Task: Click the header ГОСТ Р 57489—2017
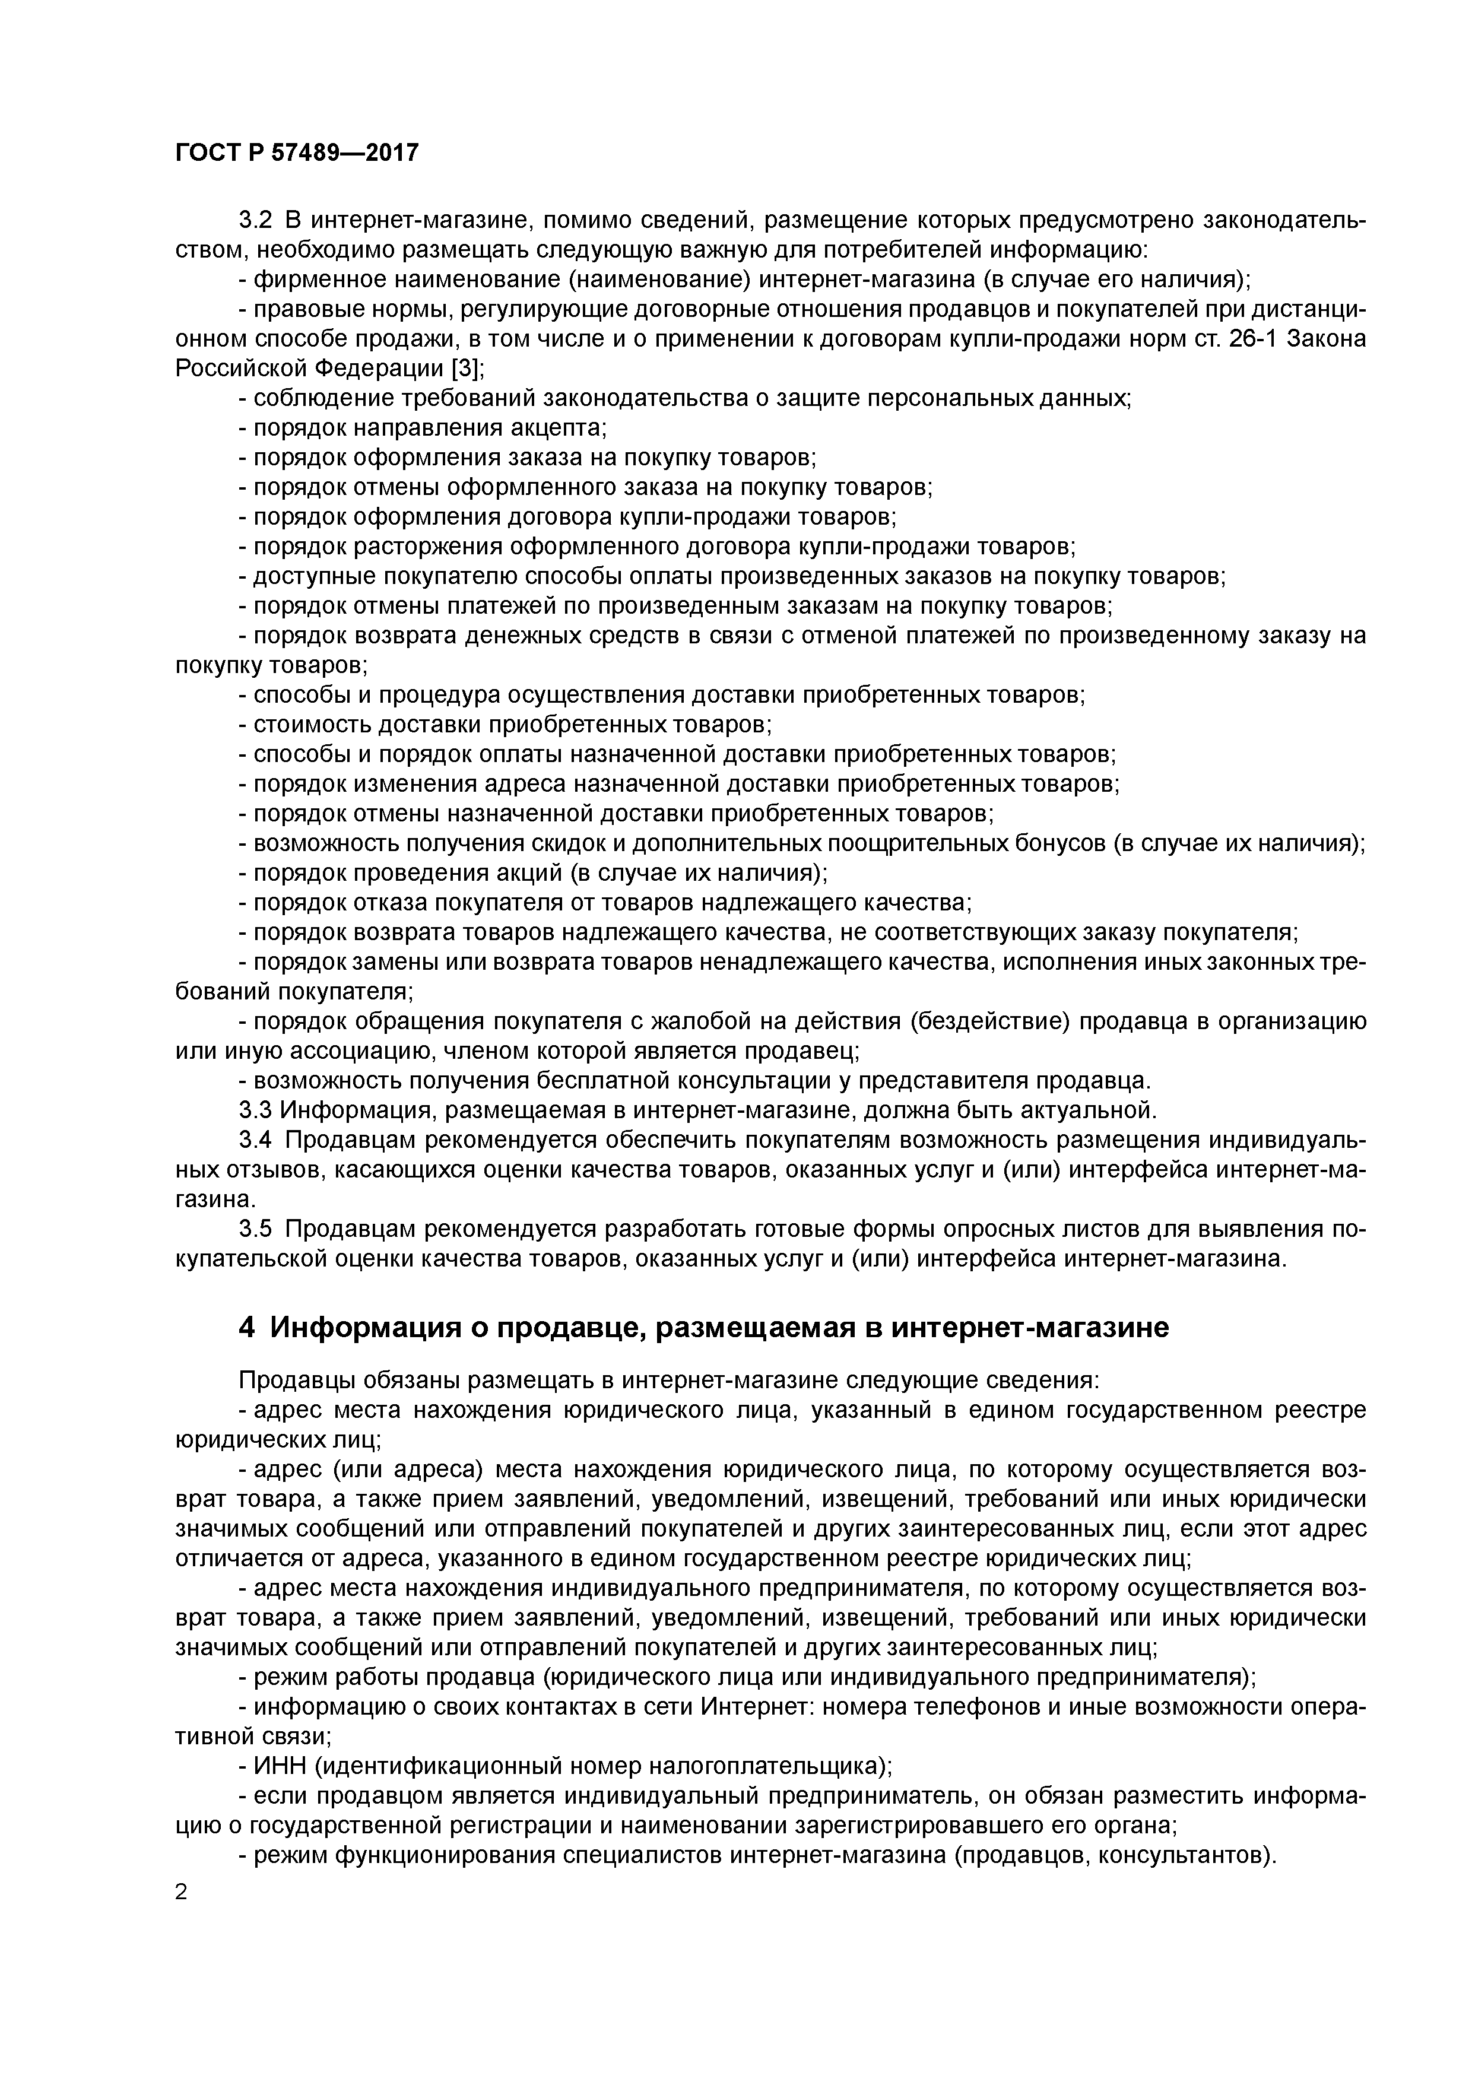point(297,153)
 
